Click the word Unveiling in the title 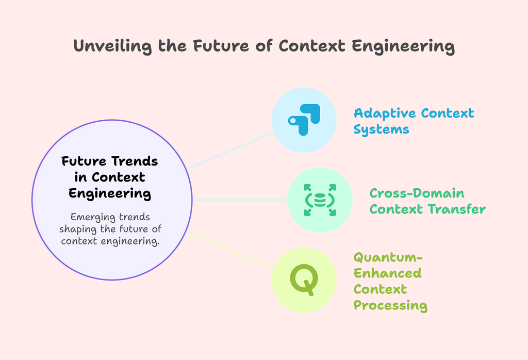point(112,46)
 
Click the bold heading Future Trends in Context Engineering point(110,177)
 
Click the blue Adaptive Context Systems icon point(304,120)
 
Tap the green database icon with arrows point(320,200)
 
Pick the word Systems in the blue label point(381,129)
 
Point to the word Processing point(390,305)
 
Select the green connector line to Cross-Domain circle point(240,200)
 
